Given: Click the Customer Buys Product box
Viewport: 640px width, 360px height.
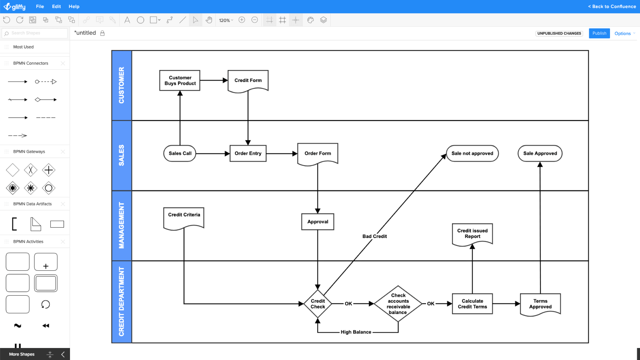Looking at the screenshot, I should pyautogui.click(x=180, y=80).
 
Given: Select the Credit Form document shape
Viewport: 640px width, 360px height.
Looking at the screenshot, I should pyautogui.click(x=248, y=80).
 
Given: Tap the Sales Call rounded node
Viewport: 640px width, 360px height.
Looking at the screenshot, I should pyautogui.click(x=180, y=153).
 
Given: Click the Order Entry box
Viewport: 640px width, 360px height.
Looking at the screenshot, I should pyautogui.click(x=248, y=153).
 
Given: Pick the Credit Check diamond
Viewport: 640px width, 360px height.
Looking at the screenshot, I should pyautogui.click(x=318, y=304).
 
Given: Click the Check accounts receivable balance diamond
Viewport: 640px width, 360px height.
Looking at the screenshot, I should pyautogui.click(x=398, y=304).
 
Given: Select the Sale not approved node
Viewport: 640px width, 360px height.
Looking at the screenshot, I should pyautogui.click(x=472, y=153).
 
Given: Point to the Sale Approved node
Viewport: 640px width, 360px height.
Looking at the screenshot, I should pyautogui.click(x=540, y=153).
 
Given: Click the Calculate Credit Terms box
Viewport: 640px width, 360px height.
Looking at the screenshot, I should pyautogui.click(x=472, y=304).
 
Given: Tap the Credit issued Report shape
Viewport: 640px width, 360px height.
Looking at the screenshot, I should pyautogui.click(x=472, y=234).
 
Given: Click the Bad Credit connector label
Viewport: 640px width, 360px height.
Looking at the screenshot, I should pyautogui.click(x=374, y=236).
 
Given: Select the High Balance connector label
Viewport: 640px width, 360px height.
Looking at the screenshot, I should pyautogui.click(x=356, y=332).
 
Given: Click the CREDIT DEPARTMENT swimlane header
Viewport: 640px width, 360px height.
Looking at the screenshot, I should pyautogui.click(x=122, y=302).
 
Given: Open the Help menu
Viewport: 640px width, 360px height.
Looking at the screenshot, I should pyautogui.click(x=74, y=6).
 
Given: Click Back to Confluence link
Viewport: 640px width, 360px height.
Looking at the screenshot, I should pyautogui.click(x=612, y=6).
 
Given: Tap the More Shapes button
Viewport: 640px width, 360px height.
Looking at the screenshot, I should pyautogui.click(x=22, y=354).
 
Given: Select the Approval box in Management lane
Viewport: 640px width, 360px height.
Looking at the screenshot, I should pyautogui.click(x=318, y=222).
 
